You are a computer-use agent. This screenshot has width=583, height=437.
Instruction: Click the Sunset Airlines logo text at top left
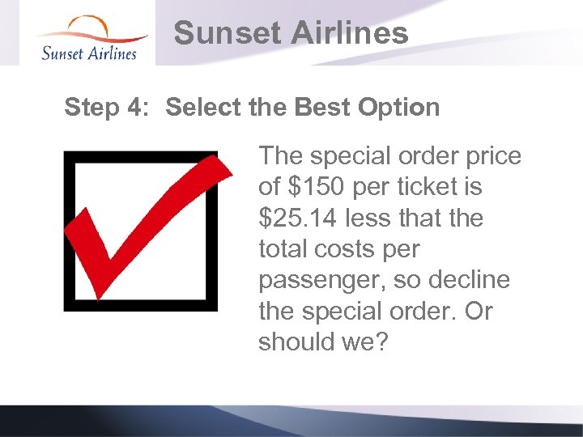click(x=88, y=53)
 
